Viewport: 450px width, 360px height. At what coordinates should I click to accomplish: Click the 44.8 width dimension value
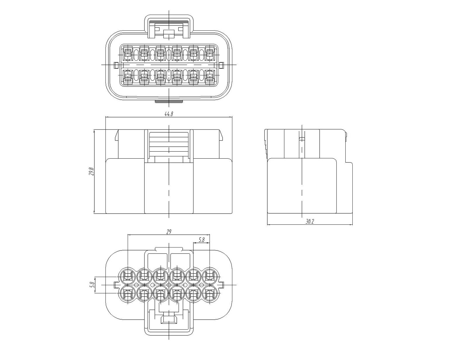coord(169,114)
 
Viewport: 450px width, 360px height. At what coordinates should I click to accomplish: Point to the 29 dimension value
coord(169,232)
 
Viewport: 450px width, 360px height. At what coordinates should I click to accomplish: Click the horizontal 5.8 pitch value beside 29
coord(202,240)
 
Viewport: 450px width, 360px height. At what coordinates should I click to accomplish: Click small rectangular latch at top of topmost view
coord(169,34)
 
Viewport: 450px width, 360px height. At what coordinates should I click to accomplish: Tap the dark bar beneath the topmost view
coord(169,101)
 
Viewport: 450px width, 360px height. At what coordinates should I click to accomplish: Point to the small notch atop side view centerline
coord(302,139)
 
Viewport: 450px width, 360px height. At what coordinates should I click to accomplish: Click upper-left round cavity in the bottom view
coord(128,276)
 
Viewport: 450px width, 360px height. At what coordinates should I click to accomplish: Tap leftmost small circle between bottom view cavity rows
coord(136,285)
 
